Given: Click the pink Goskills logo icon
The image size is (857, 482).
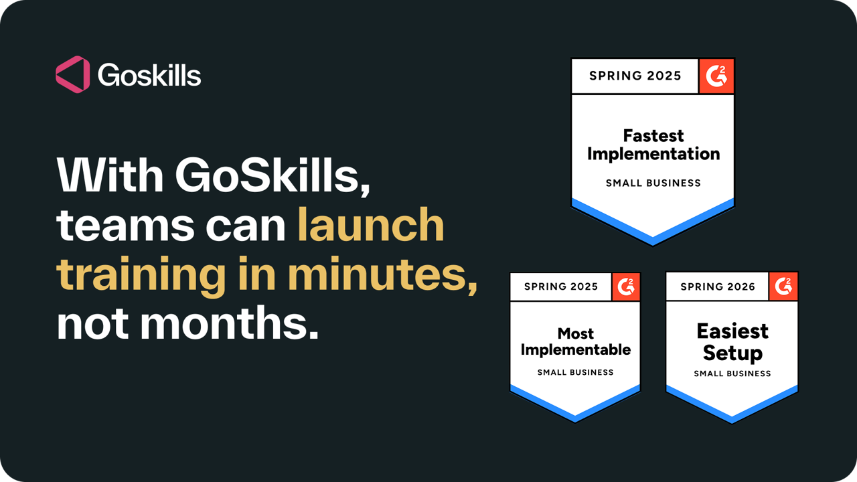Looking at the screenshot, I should tap(72, 74).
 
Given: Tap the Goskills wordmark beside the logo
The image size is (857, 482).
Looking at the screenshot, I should tap(149, 75).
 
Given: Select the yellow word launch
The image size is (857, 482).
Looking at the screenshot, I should tap(371, 226).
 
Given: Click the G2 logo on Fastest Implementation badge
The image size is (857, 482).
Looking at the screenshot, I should tap(716, 76).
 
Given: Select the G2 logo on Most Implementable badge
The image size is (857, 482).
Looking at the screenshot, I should tap(627, 287).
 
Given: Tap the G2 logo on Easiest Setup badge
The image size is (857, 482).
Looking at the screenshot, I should tap(783, 287).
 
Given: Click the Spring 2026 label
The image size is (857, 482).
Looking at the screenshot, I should tap(718, 287).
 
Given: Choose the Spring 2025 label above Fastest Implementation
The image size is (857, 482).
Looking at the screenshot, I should tap(635, 76).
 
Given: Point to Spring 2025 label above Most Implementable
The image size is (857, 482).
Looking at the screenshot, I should tap(561, 287).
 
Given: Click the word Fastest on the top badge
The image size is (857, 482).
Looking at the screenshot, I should tap(653, 136).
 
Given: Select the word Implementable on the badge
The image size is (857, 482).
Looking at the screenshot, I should tap(576, 349).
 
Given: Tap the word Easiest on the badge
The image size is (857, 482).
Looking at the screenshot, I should tap(732, 331).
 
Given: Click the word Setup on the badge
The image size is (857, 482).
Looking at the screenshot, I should tap(732, 353).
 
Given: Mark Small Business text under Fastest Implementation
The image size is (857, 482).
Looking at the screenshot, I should tap(653, 183).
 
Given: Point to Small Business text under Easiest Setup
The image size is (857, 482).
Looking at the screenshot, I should tap(732, 374).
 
